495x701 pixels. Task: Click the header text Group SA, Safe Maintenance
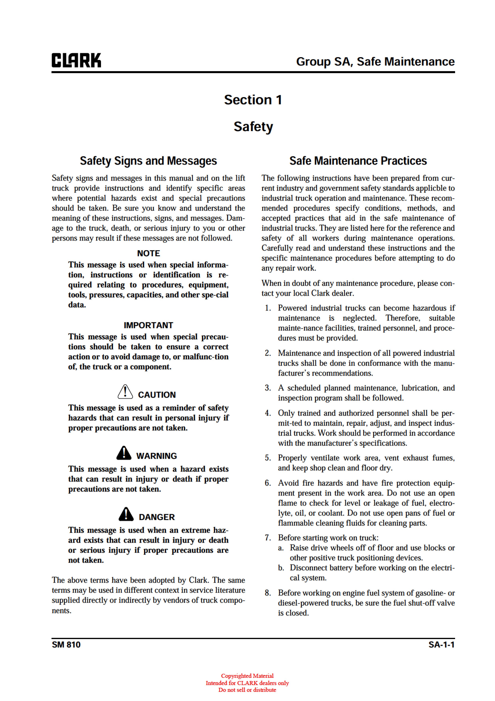pos(375,62)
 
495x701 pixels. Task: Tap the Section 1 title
pos(253,100)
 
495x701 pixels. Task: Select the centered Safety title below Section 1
pos(253,126)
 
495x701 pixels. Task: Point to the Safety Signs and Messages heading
pos(148,161)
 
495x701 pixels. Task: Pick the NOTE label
pos(148,253)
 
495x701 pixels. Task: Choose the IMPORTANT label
pos(148,325)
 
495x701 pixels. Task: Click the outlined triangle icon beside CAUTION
pos(125,392)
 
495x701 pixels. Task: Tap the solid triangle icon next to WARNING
pos(124,453)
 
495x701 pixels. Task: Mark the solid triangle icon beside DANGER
pos(126,514)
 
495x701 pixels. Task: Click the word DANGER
pos(157,517)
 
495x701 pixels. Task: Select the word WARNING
pos(156,456)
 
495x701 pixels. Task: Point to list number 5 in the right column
pos(268,458)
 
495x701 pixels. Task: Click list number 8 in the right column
pos(268,593)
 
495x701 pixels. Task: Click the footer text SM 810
pos(66,645)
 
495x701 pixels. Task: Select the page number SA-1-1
pos(441,645)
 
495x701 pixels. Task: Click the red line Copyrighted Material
pos(247,676)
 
